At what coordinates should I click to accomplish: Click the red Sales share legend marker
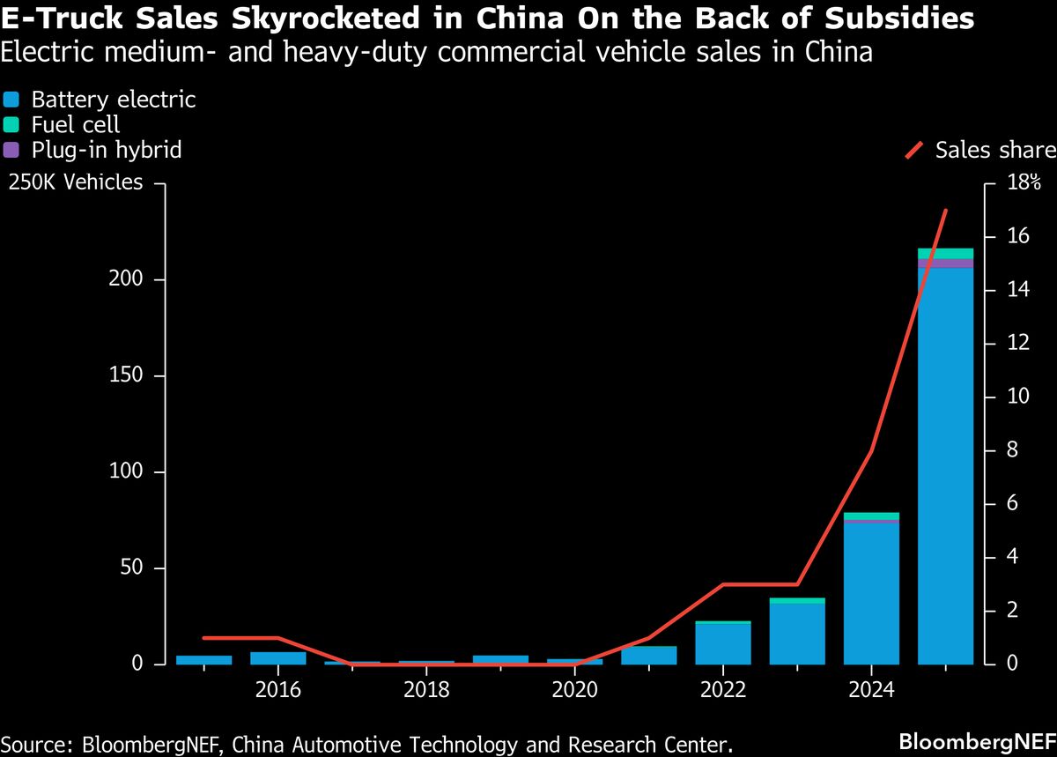[915, 151]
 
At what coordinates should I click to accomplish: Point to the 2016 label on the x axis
[278, 688]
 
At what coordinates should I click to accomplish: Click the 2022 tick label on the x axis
[722, 688]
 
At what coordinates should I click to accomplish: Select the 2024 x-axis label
[870, 688]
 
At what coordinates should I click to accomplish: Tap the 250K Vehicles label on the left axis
[76, 182]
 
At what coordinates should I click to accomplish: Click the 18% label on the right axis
[1024, 183]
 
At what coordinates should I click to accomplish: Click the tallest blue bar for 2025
[945, 467]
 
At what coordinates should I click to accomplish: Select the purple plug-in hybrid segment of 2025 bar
[945, 263]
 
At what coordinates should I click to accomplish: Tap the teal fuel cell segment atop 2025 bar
[945, 254]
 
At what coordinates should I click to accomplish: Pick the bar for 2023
[797, 634]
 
